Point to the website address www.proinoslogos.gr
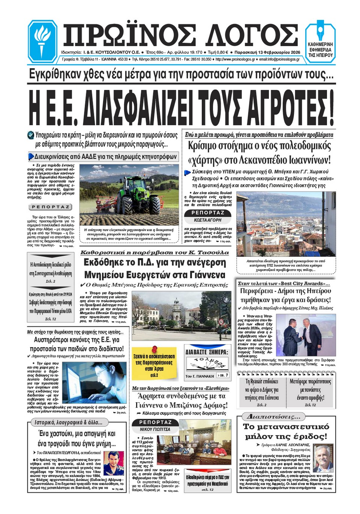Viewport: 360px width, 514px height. (235, 59)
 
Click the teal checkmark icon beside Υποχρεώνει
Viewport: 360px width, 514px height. (31, 135)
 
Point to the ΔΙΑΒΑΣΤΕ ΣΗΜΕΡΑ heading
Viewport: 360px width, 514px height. (207, 352)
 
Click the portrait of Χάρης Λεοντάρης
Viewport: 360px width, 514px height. (322, 458)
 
